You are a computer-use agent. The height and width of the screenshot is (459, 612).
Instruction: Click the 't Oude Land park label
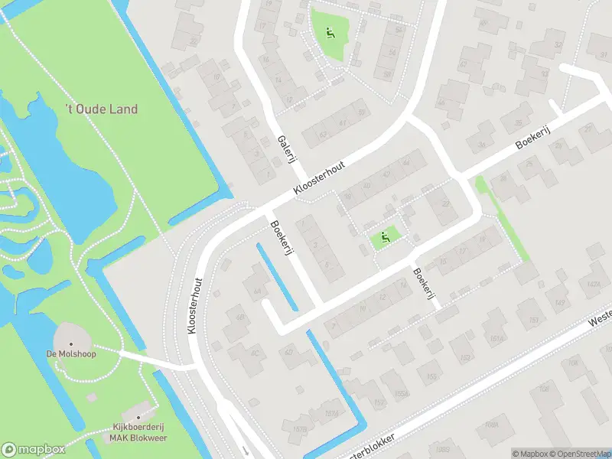(x=101, y=109)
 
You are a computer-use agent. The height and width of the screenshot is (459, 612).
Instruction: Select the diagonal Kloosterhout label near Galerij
(x=319, y=177)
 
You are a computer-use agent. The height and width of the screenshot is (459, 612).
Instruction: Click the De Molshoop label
(x=66, y=353)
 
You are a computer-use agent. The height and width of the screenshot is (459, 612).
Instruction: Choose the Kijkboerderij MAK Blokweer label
(x=138, y=432)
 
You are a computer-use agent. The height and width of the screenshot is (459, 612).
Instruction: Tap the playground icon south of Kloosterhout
(x=386, y=238)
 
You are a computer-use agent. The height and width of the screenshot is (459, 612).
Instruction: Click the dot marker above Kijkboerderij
(x=139, y=413)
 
